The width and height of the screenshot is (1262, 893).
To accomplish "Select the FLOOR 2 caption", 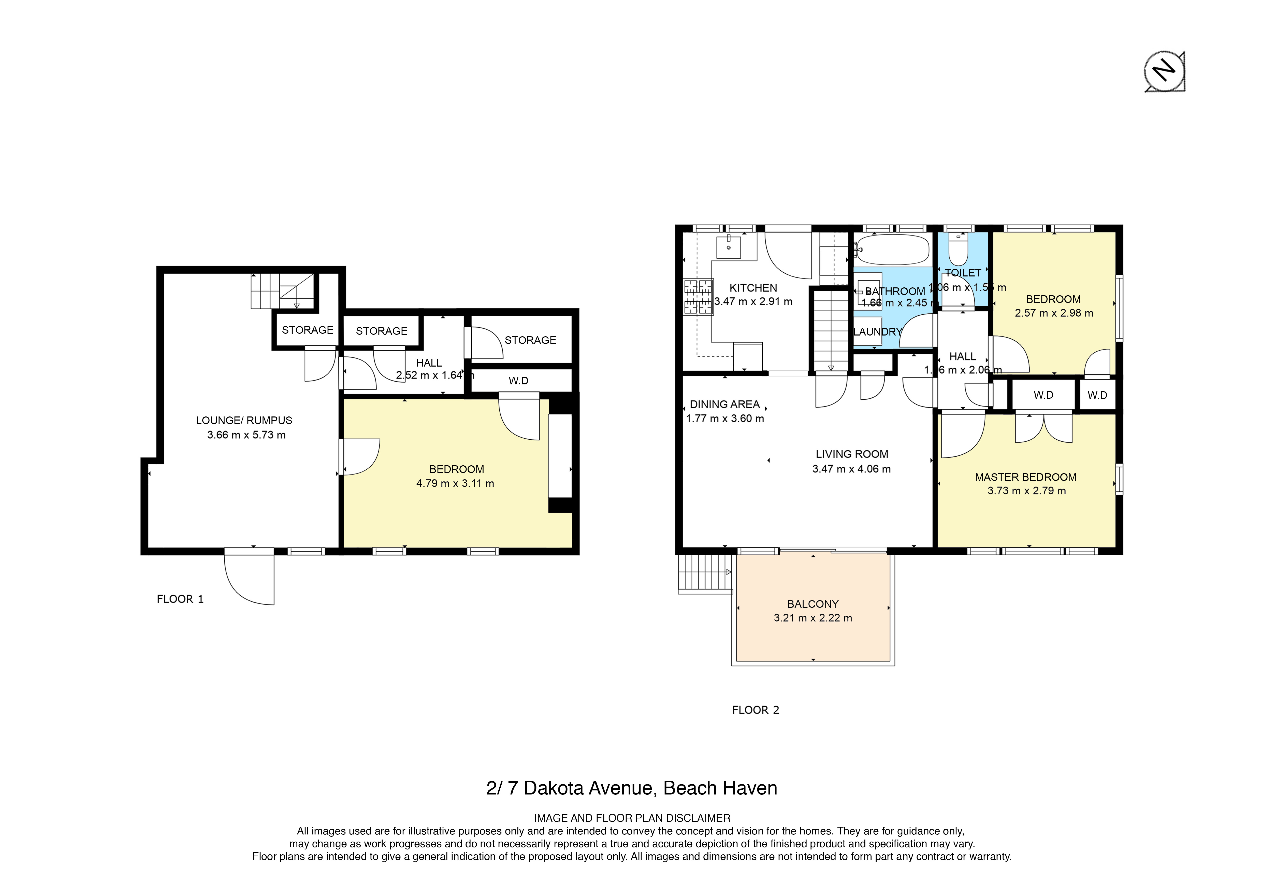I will (x=755, y=710).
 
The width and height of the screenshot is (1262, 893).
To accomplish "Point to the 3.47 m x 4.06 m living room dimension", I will (x=851, y=469).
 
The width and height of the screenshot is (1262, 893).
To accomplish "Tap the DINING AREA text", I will (x=724, y=404).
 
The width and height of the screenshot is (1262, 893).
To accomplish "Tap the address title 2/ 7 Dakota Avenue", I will (x=632, y=788).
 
